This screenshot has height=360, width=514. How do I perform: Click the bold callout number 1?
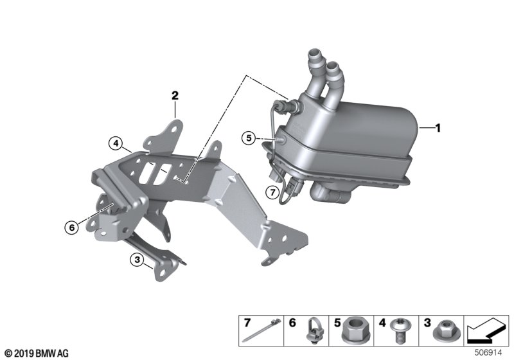tap(438, 128)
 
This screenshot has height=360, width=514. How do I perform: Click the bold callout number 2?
tap(175, 95)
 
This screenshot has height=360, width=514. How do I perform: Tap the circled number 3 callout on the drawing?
tap(137, 260)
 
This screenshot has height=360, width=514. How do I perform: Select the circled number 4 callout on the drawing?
tap(116, 143)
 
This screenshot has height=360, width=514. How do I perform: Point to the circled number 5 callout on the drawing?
tap(249, 138)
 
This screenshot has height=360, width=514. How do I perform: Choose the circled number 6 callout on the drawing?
tap(72, 227)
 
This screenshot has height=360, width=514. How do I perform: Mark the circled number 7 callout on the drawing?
tap(272, 192)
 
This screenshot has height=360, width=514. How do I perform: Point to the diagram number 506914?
tap(488, 353)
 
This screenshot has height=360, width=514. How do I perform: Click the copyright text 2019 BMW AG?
tap(37, 354)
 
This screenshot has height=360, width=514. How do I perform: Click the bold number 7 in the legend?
tap(247, 323)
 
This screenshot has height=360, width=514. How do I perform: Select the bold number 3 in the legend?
tap(427, 323)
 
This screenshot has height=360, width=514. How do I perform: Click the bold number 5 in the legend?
tap(337, 323)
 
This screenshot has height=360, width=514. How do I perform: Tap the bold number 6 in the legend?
tap(292, 323)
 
